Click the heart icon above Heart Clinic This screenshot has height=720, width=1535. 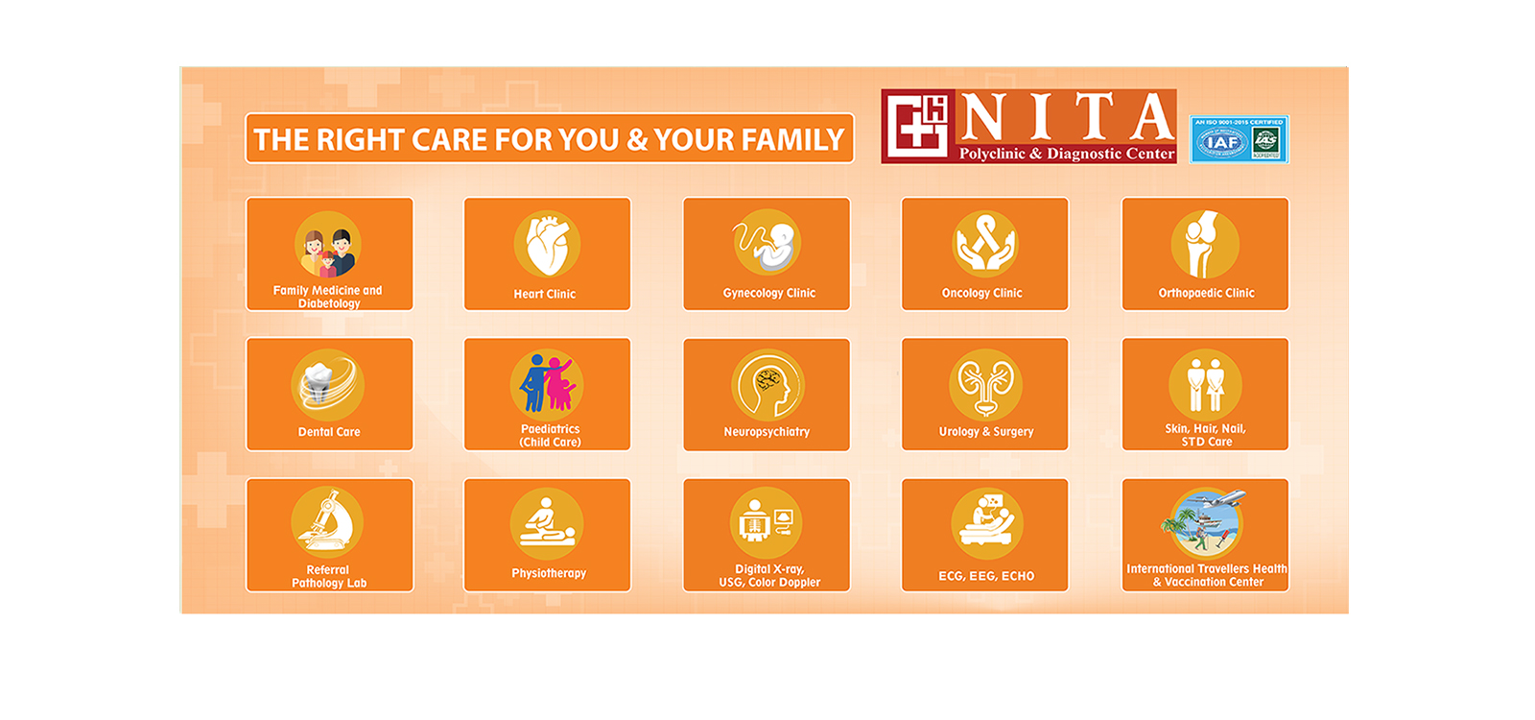click(547, 244)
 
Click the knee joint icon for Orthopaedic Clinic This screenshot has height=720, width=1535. click(1205, 244)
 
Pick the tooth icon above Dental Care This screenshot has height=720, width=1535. click(328, 385)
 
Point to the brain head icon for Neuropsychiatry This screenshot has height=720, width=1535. click(767, 385)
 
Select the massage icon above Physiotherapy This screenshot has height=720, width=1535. click(547, 524)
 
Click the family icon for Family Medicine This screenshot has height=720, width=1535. click(328, 246)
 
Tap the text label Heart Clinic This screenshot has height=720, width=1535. click(545, 295)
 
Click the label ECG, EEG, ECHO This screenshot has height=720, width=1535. click(986, 576)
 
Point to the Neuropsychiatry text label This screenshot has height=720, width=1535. click(767, 432)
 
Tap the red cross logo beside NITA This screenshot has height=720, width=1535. click(916, 126)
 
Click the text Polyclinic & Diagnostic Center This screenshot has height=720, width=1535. click(1066, 154)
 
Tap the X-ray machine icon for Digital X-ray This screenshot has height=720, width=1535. click(767, 524)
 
